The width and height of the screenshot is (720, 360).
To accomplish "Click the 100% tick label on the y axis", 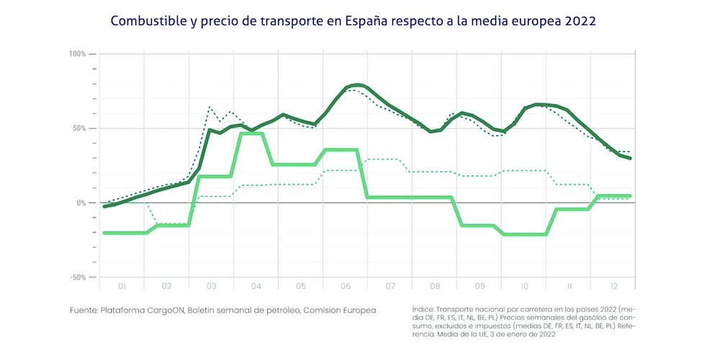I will [78, 54].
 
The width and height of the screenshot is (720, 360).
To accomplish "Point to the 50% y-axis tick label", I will [79, 128].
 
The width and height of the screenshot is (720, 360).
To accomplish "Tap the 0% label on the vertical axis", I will [82, 203].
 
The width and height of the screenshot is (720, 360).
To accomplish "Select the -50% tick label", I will [78, 277].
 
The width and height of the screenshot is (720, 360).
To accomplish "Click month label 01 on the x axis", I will [122, 287].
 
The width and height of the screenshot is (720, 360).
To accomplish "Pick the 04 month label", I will [256, 287].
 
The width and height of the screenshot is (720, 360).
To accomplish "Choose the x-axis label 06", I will [346, 287].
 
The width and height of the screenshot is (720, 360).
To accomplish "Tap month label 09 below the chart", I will [480, 287].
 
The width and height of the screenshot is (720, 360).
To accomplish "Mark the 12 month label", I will [613, 287].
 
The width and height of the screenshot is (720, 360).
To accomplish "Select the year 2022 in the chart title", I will [579, 21].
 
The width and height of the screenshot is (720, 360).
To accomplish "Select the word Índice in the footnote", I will [423, 307].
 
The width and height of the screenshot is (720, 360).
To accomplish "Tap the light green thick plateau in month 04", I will [251, 133].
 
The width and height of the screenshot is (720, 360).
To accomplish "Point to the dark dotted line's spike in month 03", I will [210, 107].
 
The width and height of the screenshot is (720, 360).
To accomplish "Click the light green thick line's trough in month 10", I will [524, 234].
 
